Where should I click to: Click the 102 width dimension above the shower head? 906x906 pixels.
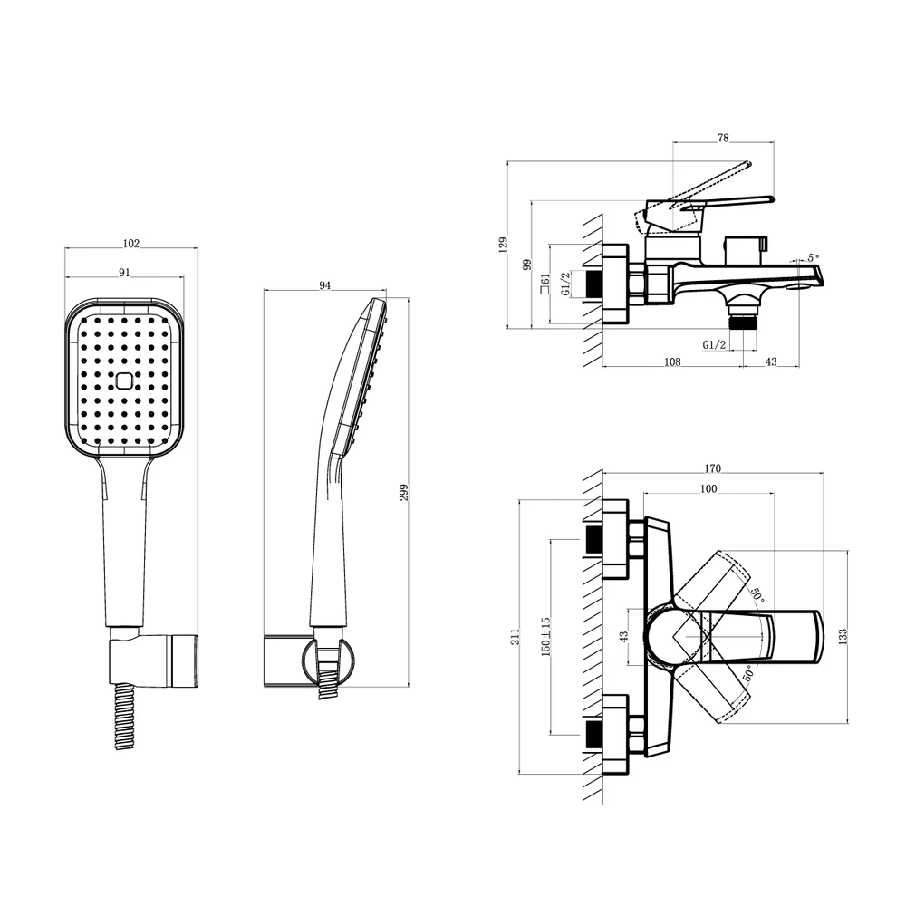pos(131,243)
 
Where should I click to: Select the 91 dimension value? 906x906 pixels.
pos(124,272)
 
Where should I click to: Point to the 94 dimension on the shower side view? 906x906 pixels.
pos(324,284)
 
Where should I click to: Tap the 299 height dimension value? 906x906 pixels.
pos(404,492)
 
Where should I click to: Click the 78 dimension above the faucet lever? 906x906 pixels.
pos(723,138)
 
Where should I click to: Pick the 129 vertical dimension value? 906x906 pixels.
pos(503,245)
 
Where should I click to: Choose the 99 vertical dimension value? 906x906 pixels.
pos(526,265)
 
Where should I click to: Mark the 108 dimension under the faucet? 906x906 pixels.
pos(672,361)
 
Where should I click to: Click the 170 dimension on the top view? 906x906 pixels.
pos(712,468)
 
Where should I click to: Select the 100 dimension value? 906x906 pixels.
pos(708,488)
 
